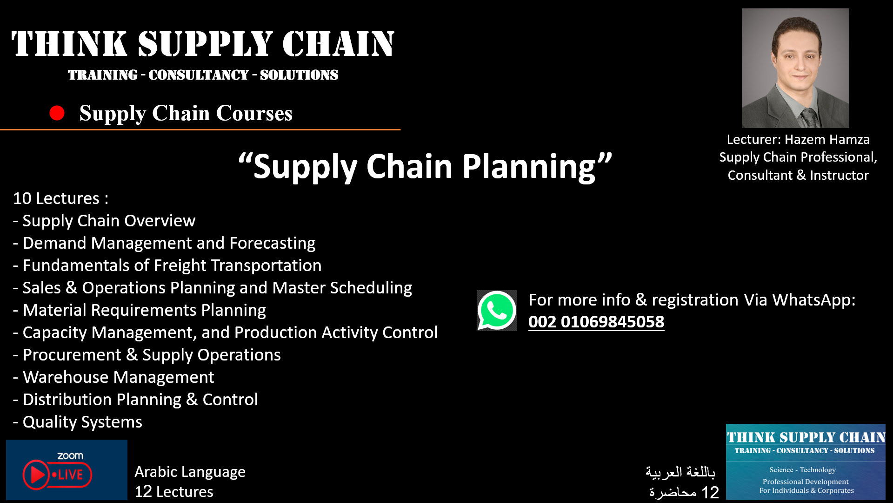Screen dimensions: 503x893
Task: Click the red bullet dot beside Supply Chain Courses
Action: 57,113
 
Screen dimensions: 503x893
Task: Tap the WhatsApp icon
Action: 497,311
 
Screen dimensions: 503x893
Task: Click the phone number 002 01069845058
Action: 596,322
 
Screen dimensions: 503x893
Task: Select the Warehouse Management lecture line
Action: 118,377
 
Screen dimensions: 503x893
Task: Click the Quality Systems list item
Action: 82,422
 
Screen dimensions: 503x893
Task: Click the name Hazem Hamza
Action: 827,139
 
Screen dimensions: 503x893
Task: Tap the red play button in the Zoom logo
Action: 36,475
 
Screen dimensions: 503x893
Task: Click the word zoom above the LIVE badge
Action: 70,456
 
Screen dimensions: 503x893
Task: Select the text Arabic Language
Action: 190,472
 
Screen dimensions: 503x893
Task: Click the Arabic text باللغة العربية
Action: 680,472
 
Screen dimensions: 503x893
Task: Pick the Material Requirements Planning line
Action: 144,310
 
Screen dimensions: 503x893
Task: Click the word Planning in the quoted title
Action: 529,166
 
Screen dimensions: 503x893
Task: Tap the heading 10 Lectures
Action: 60,198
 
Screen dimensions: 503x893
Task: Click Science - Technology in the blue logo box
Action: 802,470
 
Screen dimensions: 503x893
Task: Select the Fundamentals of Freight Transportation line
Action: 172,265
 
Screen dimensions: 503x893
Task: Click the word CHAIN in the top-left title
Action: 338,44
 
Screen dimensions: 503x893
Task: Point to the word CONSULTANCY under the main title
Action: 199,75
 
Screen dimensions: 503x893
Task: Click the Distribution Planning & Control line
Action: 140,400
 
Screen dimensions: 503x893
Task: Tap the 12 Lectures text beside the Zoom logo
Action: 173,492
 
